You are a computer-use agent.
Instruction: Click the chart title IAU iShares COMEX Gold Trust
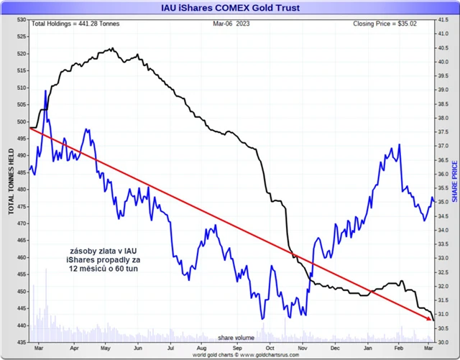pyautogui.click(x=229, y=9)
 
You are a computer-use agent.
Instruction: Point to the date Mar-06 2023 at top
pyautogui.click(x=231, y=24)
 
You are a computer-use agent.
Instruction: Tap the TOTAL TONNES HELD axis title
pyautogui.click(x=11, y=181)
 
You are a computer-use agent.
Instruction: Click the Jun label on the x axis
pyautogui.click(x=137, y=349)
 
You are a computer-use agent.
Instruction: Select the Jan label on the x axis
pyautogui.click(x=368, y=349)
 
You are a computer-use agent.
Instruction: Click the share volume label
pyautogui.click(x=236, y=336)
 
